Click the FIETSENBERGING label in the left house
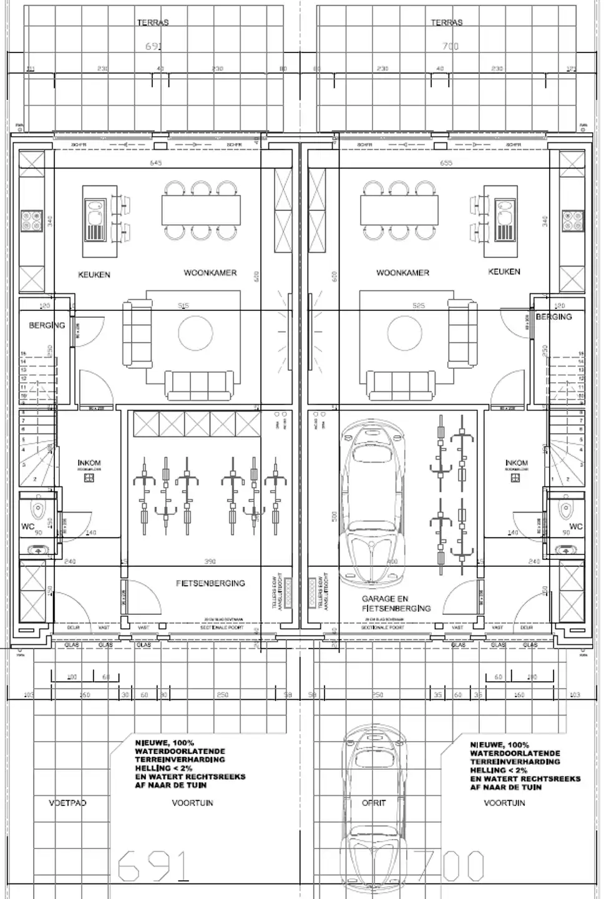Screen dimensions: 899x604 pos(210,583)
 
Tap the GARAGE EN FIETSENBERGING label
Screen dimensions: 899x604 pos(396,603)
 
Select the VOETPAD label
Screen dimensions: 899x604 pos(67,803)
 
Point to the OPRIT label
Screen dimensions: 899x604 pos(374,803)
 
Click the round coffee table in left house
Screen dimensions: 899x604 pos(195,333)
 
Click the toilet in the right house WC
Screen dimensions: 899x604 pos(567,506)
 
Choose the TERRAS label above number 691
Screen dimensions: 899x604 pos(153,22)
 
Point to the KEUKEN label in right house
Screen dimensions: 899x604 pos(504,272)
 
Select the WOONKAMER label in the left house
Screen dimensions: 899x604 pos(210,273)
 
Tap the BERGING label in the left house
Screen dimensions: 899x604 pos(47,325)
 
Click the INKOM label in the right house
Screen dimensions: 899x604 pos(516,463)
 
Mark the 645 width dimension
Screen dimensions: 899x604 pos(156,164)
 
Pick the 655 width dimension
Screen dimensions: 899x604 pos(446,164)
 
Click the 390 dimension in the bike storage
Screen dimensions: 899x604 pos(210,561)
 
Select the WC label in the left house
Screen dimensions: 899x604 pos(27,526)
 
